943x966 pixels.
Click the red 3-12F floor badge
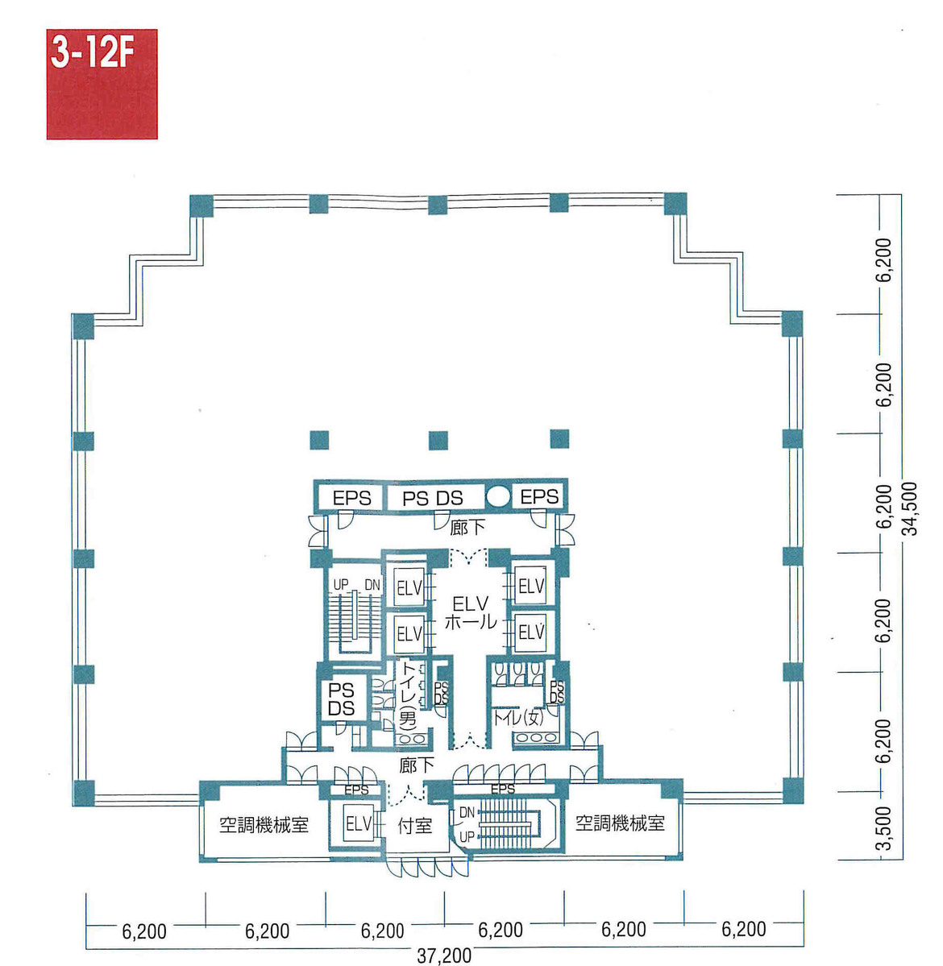(x=102, y=84)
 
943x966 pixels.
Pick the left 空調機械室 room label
(x=264, y=825)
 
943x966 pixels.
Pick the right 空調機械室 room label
(x=620, y=823)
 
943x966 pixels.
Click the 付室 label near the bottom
(x=414, y=826)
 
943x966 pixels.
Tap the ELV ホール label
(x=470, y=612)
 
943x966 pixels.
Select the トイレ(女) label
(x=521, y=716)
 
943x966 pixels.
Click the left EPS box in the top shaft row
(x=352, y=499)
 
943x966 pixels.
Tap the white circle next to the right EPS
(x=498, y=496)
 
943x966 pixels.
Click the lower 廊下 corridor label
(x=417, y=765)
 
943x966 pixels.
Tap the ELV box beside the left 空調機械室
(x=359, y=824)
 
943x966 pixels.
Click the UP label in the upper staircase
(x=340, y=583)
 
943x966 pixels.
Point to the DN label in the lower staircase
(x=467, y=814)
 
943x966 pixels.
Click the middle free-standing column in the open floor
(x=438, y=440)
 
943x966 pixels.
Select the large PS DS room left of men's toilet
(x=342, y=699)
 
